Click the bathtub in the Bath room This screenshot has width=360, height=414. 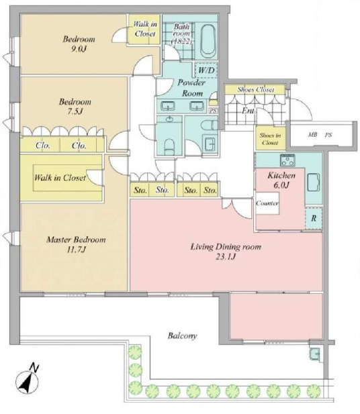(209, 41)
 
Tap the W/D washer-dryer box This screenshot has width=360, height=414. (206, 70)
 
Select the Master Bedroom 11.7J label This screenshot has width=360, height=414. (76, 244)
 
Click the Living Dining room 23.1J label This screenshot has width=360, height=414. (226, 252)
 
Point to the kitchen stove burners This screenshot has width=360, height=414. (288, 160)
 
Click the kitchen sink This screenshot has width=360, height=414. (314, 182)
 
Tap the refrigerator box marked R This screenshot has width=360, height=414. (314, 218)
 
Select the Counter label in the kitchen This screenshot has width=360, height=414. (267, 203)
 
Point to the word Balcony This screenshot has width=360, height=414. (182, 335)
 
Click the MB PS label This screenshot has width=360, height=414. (320, 135)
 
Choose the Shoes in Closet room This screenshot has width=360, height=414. (270, 139)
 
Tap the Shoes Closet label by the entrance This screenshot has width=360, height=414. (256, 89)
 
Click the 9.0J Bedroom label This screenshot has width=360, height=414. (79, 44)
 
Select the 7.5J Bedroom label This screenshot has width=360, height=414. (75, 106)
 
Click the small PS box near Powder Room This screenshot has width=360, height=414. (214, 111)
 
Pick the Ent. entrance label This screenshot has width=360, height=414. (249, 111)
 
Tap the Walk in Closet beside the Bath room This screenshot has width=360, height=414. (144, 29)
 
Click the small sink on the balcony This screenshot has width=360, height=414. (314, 353)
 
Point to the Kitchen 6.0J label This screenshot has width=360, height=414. (281, 180)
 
